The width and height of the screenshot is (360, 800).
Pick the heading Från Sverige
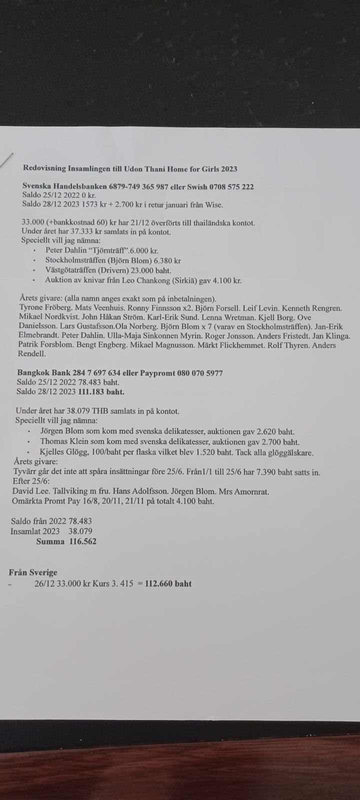pyautogui.click(x=32, y=572)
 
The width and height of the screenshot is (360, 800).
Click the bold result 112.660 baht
pyautogui.click(x=168, y=583)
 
